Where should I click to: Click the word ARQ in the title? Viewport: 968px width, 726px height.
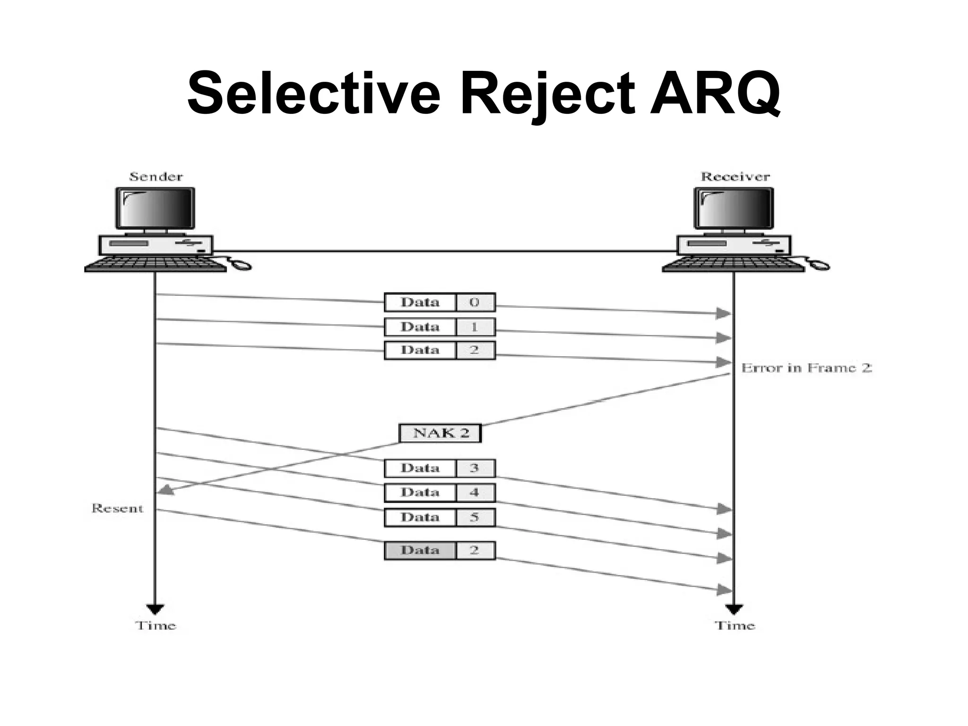click(x=715, y=93)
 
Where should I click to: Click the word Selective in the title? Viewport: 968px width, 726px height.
click(x=314, y=93)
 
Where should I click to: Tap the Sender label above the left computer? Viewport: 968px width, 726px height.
click(x=156, y=177)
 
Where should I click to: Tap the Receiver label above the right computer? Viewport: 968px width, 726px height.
click(x=735, y=177)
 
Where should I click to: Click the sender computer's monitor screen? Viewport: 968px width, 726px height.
click(x=155, y=208)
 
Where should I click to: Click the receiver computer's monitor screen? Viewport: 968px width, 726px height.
click(x=734, y=208)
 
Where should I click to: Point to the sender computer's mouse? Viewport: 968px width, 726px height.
click(x=242, y=266)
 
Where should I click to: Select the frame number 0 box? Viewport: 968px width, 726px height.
click(x=475, y=302)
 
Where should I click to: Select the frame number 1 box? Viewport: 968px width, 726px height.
click(x=475, y=327)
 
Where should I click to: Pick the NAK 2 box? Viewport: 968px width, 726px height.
click(x=440, y=433)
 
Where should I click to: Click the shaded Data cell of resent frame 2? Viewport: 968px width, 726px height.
click(x=420, y=551)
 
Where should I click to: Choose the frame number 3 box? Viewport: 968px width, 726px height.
click(x=475, y=468)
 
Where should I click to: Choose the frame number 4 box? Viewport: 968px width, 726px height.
click(x=475, y=493)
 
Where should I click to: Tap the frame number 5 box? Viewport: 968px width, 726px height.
click(x=475, y=518)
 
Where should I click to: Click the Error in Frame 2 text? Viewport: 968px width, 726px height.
click(x=806, y=368)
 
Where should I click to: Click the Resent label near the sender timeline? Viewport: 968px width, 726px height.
click(x=117, y=509)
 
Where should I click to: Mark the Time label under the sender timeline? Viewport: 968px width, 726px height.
click(x=156, y=626)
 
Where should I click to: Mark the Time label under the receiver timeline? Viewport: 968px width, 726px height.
click(x=735, y=626)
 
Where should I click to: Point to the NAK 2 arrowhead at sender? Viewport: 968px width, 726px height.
click(x=165, y=490)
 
